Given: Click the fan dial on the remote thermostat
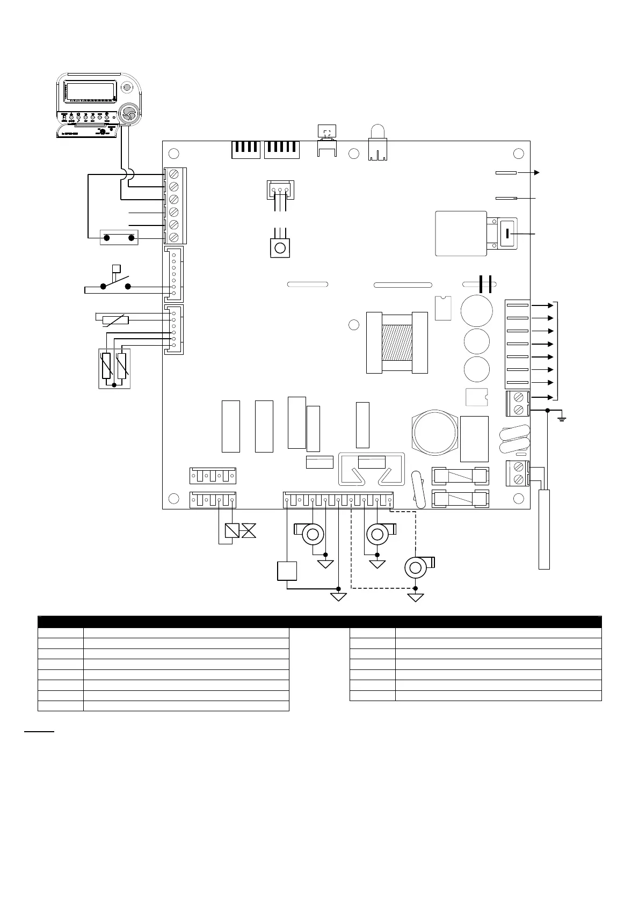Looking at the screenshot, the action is [128, 113].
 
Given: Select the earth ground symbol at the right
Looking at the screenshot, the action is [562, 417].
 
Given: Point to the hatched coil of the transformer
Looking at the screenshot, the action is [397, 342].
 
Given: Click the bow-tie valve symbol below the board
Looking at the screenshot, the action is [249, 531].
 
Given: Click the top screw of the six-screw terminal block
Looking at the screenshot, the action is [174, 174].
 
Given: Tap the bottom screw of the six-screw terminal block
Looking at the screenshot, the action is [174, 237].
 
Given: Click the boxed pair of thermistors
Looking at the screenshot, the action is [114, 368].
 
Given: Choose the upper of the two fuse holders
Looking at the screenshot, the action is [460, 475].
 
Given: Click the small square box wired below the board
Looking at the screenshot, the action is [287, 571].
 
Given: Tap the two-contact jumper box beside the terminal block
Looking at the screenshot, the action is [119, 237].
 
